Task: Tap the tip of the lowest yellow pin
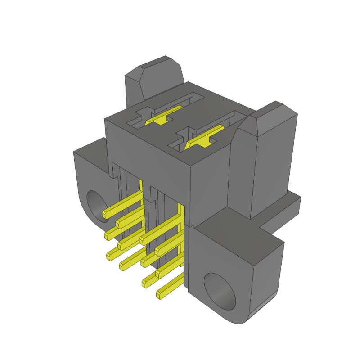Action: (x=159, y=295)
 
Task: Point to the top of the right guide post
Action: (x=270, y=112)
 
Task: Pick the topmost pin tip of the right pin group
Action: (x=144, y=235)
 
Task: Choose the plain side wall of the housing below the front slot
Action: (x=209, y=189)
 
